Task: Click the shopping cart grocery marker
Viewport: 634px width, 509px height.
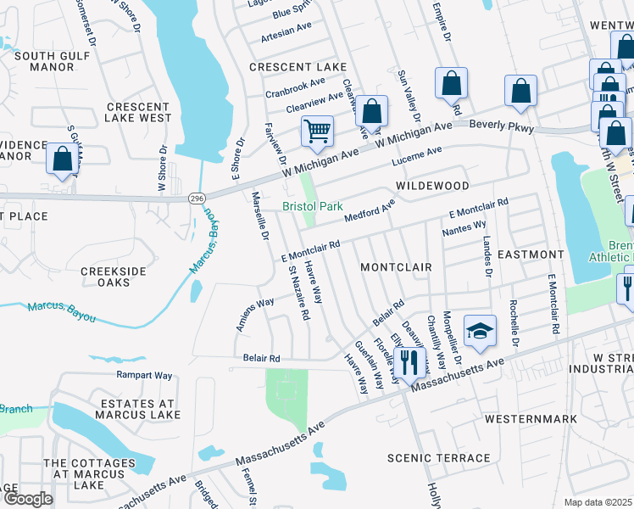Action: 317,131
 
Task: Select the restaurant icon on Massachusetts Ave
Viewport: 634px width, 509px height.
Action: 411,362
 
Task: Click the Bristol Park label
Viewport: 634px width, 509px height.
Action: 312,206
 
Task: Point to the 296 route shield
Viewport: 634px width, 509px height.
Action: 197,196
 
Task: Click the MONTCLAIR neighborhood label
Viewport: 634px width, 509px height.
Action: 396,266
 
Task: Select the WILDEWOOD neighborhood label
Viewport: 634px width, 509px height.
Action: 431,185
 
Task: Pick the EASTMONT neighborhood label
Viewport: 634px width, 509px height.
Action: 530,254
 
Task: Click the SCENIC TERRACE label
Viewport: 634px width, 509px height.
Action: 438,458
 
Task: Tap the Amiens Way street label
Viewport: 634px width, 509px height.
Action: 254,314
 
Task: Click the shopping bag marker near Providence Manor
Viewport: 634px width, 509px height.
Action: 62,159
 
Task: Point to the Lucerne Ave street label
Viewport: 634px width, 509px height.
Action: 416,156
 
